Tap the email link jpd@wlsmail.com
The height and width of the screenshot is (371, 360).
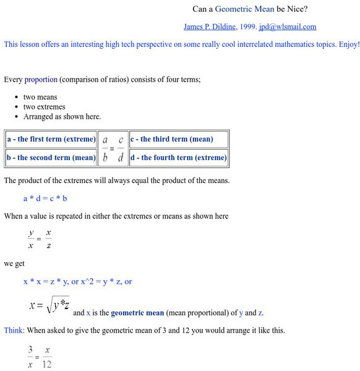(288, 27)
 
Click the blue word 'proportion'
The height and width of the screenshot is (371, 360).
(41, 80)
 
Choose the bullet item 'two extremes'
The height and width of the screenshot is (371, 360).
(44, 107)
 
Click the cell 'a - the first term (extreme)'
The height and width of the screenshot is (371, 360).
(51, 139)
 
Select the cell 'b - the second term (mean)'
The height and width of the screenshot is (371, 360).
(51, 158)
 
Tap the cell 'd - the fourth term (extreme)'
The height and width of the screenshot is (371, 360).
(178, 158)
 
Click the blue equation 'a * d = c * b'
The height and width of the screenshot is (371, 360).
(45, 198)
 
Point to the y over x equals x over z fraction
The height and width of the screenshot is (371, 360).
(40, 239)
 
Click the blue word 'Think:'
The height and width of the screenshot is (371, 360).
(13, 330)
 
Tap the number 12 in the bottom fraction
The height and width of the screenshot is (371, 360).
(47, 364)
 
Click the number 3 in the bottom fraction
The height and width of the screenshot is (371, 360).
(30, 350)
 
